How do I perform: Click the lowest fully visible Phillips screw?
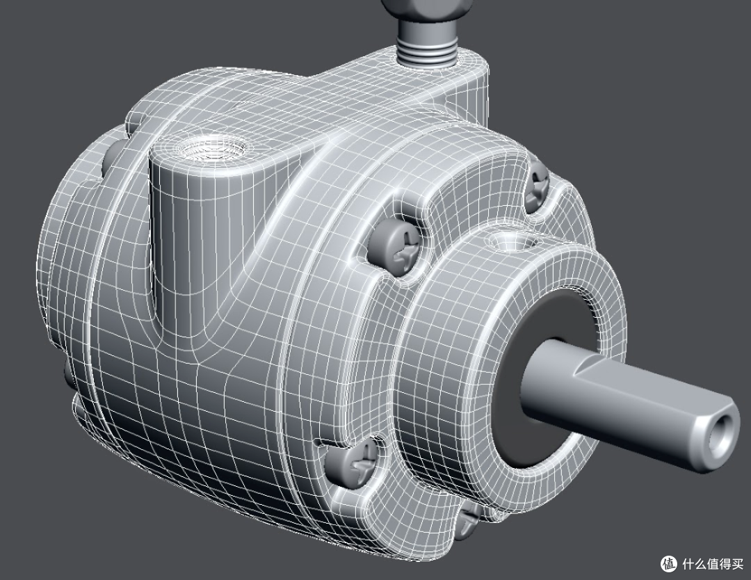352,462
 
